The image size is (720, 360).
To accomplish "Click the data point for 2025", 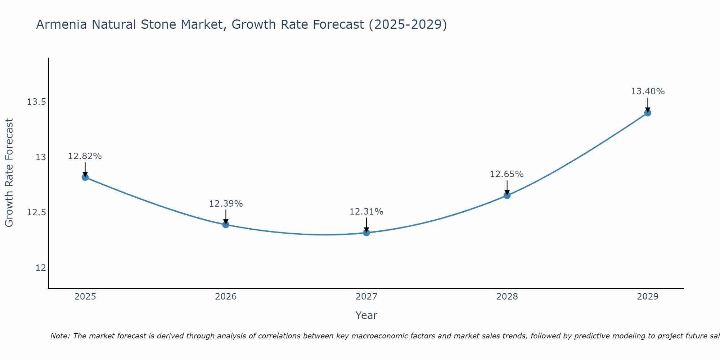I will pyautogui.click(x=85, y=177).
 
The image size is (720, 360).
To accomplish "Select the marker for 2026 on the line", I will pyautogui.click(x=226, y=225).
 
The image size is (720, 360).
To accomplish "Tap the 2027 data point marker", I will pyautogui.click(x=366, y=233).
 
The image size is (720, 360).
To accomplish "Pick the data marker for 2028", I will pyautogui.click(x=507, y=195).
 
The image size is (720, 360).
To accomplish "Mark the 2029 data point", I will pyautogui.click(x=648, y=113).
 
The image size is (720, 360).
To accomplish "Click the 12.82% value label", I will pyautogui.click(x=85, y=156).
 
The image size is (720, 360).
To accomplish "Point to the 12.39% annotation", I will pyautogui.click(x=226, y=204).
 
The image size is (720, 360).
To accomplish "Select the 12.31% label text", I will pyautogui.click(x=366, y=212).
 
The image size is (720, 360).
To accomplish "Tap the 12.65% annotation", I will pyautogui.click(x=507, y=174).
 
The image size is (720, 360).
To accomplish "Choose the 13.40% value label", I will pyautogui.click(x=648, y=91).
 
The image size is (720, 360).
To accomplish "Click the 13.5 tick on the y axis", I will pyautogui.click(x=36, y=102).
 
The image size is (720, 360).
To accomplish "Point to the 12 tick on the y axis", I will pyautogui.click(x=41, y=268).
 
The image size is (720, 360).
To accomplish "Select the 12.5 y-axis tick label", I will pyautogui.click(x=36, y=212).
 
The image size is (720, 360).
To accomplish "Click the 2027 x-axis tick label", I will pyautogui.click(x=366, y=297).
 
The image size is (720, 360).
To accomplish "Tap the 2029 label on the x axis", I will pyautogui.click(x=648, y=297).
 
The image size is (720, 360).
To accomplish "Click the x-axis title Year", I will pyautogui.click(x=366, y=315).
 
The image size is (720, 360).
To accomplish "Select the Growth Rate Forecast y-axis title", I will pyautogui.click(x=9, y=173).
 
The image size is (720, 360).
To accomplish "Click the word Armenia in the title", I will pyautogui.click(x=61, y=24).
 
